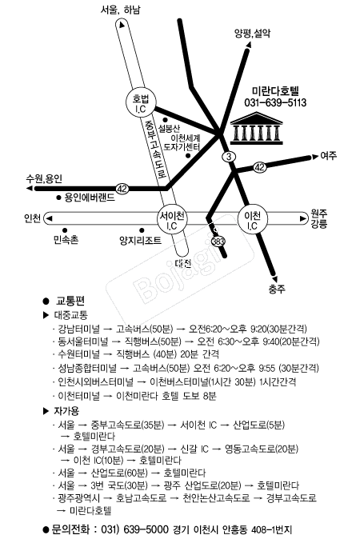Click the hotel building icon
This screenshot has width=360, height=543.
[257, 127]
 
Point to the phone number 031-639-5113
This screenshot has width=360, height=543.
[275, 103]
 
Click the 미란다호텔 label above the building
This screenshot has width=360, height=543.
[275, 91]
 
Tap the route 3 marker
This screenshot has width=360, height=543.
[229, 157]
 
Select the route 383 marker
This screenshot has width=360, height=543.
[218, 241]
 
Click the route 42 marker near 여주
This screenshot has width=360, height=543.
[259, 168]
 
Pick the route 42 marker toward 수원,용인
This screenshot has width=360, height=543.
[122, 189]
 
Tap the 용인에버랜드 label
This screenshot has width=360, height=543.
[90, 198]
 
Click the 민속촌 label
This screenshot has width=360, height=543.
[66, 239]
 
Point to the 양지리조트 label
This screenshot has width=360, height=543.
[140, 240]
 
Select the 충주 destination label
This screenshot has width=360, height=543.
[277, 289]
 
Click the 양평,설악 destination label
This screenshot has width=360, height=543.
[252, 34]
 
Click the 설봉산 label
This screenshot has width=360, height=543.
[169, 129]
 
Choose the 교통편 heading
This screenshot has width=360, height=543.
[70, 301]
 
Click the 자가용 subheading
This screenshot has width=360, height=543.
[66, 411]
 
